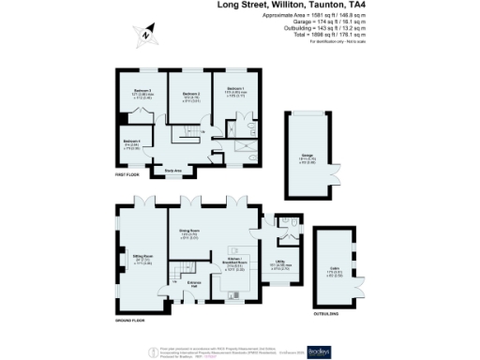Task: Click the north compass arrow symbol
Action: tap(146, 37)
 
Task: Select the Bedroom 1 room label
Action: tap(234, 90)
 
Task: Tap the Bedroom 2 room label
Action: tap(191, 95)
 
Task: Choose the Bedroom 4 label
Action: tap(131, 142)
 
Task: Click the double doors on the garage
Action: tap(307, 113)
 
